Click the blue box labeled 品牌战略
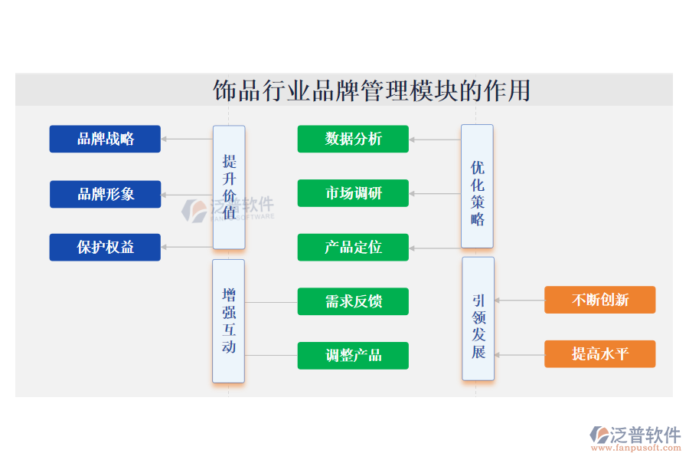click(x=105, y=139)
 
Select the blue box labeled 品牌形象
click(x=105, y=194)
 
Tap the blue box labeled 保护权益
click(x=105, y=247)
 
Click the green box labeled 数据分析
click(x=353, y=139)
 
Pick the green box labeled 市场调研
click(x=353, y=193)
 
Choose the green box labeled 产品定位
click(x=353, y=248)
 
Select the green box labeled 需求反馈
click(x=353, y=301)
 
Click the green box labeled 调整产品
click(x=353, y=355)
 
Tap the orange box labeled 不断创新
click(x=599, y=300)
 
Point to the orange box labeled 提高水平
click(x=599, y=353)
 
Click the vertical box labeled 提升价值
click(x=229, y=187)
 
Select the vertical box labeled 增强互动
click(x=229, y=320)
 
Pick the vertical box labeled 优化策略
click(x=477, y=186)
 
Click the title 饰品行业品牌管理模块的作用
click(x=371, y=90)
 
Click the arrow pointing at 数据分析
click(x=434, y=140)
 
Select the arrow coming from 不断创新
click(x=519, y=301)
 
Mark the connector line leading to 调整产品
click(x=271, y=355)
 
